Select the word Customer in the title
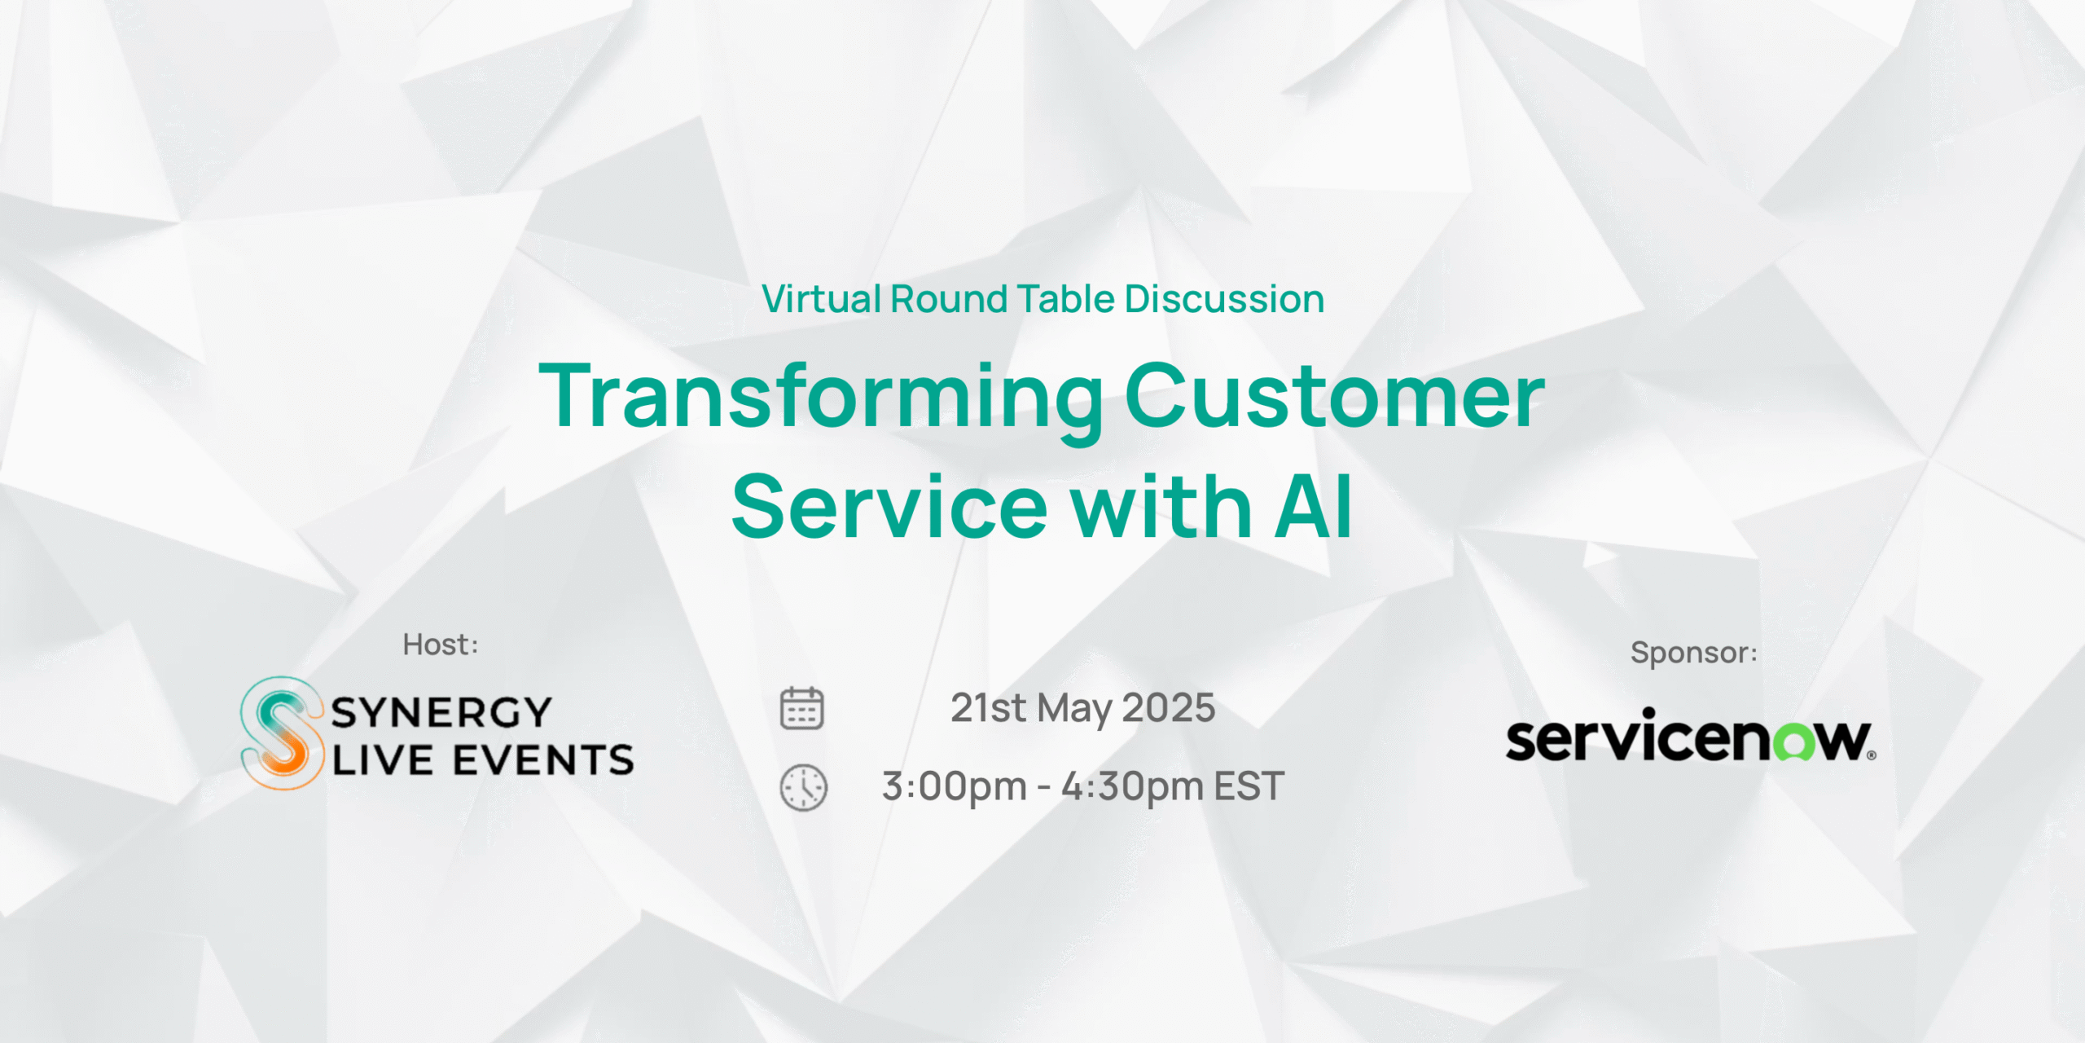1335,395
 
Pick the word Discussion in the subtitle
1224,298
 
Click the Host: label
441,645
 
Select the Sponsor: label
1694,653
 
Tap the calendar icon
802,707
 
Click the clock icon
804,788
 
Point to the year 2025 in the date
1169,707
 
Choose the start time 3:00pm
955,787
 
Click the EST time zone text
1249,786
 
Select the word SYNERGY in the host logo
442,713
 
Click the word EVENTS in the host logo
543,760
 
